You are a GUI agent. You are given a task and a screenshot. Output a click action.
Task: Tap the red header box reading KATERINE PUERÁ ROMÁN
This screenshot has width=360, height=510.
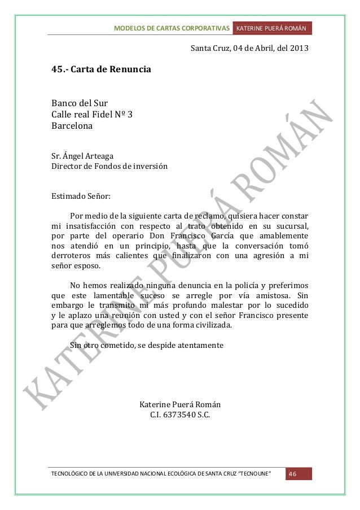click(x=271, y=28)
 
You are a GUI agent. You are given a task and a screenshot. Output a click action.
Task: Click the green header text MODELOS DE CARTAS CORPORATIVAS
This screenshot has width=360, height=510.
click(x=172, y=28)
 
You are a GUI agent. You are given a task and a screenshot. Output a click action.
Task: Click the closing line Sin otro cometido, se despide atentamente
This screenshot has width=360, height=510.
click(x=146, y=345)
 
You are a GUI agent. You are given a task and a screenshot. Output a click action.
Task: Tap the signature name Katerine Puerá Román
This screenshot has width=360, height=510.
click(x=180, y=405)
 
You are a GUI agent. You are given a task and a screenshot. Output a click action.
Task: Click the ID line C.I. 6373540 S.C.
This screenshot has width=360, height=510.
click(x=180, y=416)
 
